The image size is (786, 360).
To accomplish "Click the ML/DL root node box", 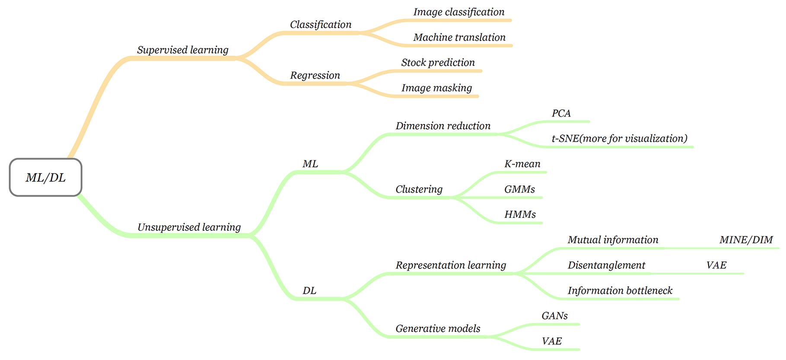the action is pyautogui.click(x=46, y=178).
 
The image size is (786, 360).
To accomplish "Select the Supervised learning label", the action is pyautogui.click(x=183, y=50).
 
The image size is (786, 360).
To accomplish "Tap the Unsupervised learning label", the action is pyautogui.click(x=189, y=227).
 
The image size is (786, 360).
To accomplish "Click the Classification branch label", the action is pyautogui.click(x=321, y=25).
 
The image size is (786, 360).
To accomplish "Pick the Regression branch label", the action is pyautogui.click(x=315, y=76).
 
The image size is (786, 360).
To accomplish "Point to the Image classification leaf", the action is pyautogui.click(x=459, y=12).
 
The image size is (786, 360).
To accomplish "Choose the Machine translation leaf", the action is pyautogui.click(x=459, y=38).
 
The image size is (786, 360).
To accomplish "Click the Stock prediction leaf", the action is pyautogui.click(x=438, y=63).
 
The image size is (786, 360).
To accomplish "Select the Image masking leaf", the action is pyautogui.click(x=437, y=88).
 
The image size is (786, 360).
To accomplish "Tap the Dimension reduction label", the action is pyautogui.click(x=443, y=126).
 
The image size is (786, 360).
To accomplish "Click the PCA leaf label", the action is pyautogui.click(x=561, y=113).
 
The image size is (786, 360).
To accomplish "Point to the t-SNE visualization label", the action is pyautogui.click(x=620, y=139).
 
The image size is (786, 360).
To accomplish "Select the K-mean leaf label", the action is pyautogui.click(x=522, y=164).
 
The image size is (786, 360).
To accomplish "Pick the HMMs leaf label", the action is pyautogui.click(x=520, y=214).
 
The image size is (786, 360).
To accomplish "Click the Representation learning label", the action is pyautogui.click(x=451, y=265).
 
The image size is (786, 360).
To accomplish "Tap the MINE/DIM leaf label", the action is pyautogui.click(x=746, y=240).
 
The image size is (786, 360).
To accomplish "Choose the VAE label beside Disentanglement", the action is pyautogui.click(x=716, y=265).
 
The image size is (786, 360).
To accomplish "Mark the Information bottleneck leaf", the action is pyautogui.click(x=620, y=290).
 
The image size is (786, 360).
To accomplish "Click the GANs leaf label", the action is pyautogui.click(x=555, y=316).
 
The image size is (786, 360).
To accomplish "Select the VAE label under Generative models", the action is pyautogui.click(x=552, y=341).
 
